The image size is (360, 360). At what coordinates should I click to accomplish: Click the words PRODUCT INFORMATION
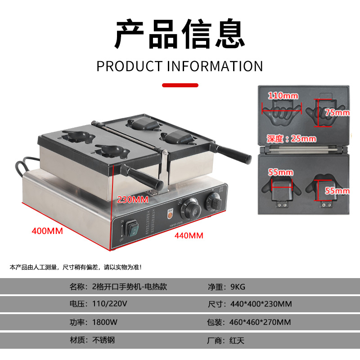coord(180,66)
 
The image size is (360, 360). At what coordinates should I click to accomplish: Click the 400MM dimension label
coord(47,231)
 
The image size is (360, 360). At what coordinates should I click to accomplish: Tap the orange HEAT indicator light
coord(171,215)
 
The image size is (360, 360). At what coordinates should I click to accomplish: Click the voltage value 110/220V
coord(110,304)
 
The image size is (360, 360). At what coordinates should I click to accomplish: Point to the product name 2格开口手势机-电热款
coord(129,287)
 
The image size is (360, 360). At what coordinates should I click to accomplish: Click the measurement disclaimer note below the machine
coord(76,267)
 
